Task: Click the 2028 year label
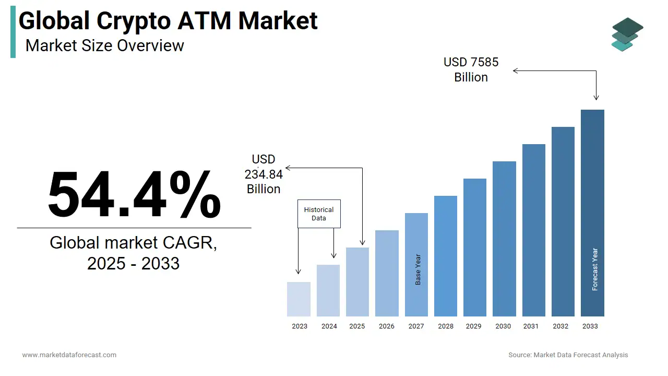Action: [446, 326]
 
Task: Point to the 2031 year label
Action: [530, 326]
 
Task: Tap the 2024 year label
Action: [329, 326]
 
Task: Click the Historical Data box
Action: [319, 214]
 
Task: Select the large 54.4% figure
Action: [134, 194]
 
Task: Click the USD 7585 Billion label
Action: [471, 69]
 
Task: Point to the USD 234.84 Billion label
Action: [264, 174]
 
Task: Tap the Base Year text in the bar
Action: [418, 269]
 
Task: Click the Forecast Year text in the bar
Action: [595, 269]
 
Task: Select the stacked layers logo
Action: [627, 34]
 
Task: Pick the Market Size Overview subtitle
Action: [104, 45]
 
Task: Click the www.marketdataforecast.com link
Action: [69, 355]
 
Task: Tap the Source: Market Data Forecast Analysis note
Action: [568, 355]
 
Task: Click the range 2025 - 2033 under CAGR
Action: [133, 264]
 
